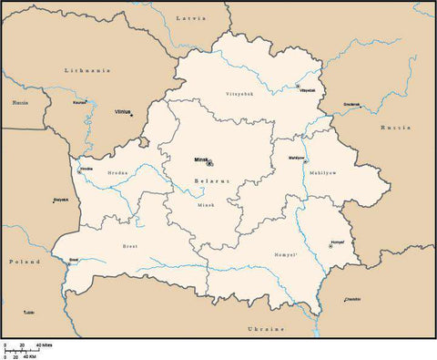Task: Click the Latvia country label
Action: (191, 18)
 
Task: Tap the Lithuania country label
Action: (86, 70)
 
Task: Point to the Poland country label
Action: (25, 262)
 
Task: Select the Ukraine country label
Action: (266, 328)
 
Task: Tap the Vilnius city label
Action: (123, 112)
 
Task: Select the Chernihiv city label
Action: (352, 299)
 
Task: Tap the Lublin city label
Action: (29, 313)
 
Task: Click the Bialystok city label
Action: (61, 199)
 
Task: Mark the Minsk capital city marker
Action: (209, 164)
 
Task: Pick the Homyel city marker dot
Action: (330, 245)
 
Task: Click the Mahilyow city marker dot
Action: (305, 161)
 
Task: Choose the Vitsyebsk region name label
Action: (239, 94)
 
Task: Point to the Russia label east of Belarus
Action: (396, 127)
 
